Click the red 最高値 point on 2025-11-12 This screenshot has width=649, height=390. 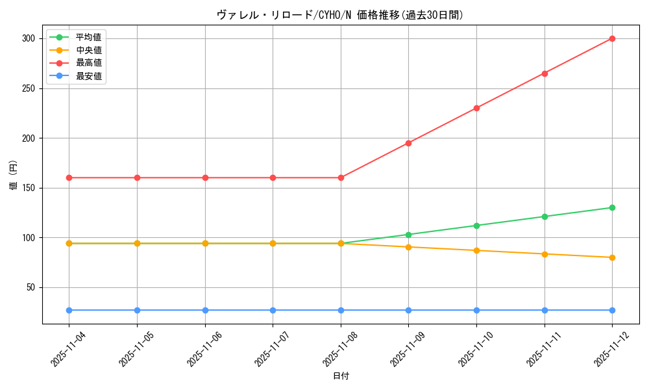(612, 38)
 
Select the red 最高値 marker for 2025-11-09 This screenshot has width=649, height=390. (408, 143)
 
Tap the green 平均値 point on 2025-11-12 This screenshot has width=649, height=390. (612, 207)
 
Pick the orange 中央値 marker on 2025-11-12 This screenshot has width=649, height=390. (612, 257)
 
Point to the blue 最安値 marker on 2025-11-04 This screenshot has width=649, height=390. (69, 310)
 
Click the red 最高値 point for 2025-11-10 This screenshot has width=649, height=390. (476, 108)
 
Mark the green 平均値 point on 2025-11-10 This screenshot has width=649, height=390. (476, 226)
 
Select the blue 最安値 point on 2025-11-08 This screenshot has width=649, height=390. (341, 310)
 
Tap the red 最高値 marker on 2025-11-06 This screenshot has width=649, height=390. (205, 177)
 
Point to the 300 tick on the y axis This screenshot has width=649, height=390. (28, 38)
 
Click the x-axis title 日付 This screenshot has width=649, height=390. (341, 376)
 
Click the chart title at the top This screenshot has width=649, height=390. (341, 15)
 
